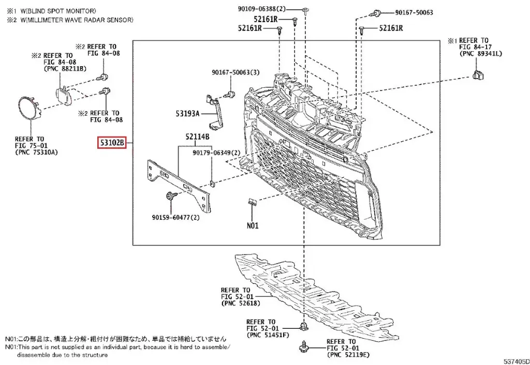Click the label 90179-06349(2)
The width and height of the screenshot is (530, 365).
point(216,153)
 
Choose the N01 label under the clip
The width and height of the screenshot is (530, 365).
point(252,226)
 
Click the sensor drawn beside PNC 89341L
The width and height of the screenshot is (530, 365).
point(479,75)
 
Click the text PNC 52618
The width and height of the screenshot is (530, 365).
point(237,304)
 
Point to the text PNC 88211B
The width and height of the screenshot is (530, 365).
point(66,69)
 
